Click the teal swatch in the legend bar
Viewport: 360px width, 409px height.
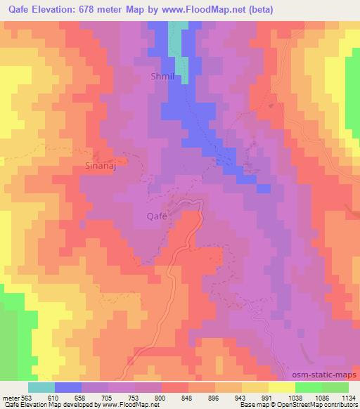pos(41,388)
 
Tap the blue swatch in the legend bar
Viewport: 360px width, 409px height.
pos(68,388)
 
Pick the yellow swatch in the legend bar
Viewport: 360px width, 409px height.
pos(282,388)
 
